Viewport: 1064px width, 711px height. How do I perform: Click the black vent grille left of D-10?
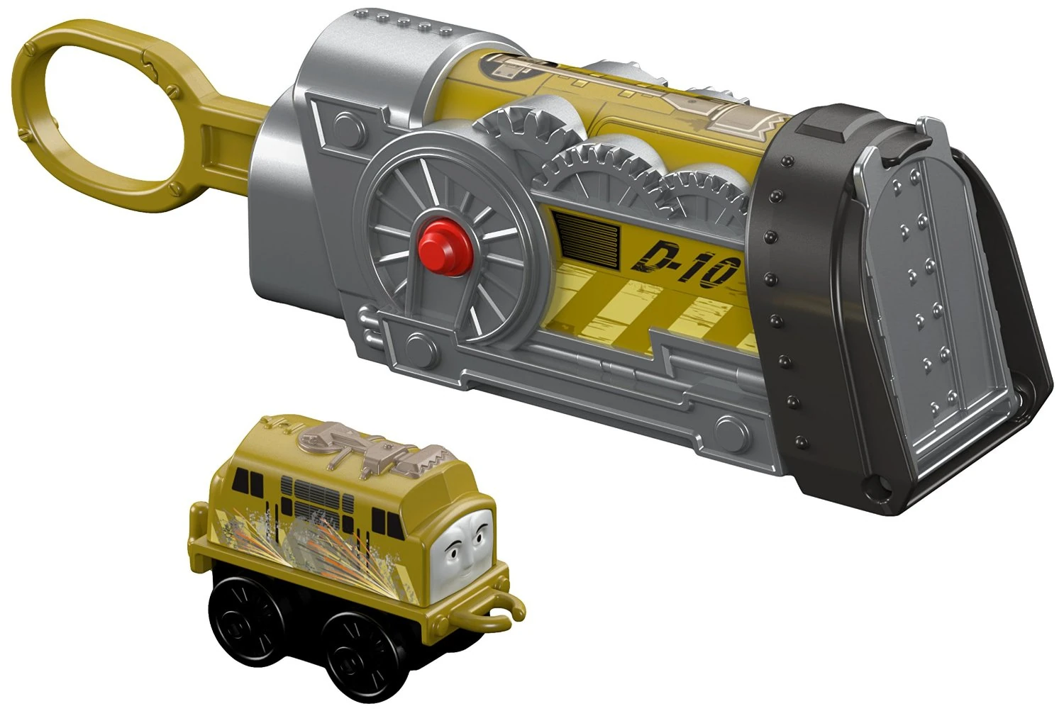tap(590, 235)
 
